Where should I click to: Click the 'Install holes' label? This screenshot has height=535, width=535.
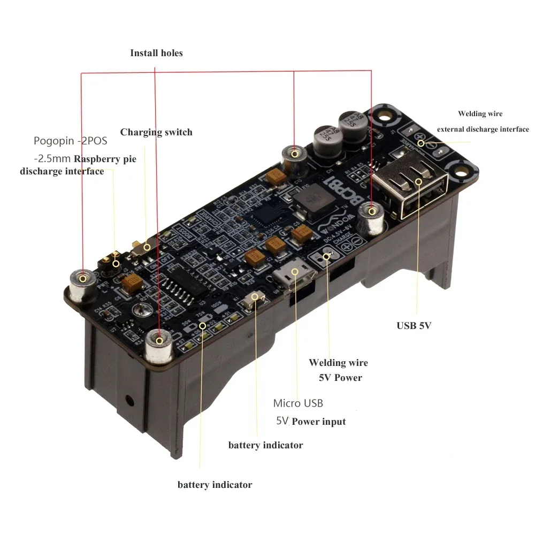(156, 53)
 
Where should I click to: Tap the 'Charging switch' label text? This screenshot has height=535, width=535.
(156, 132)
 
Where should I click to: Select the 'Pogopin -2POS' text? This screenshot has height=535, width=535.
(70, 141)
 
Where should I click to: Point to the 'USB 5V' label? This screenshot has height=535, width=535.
(414, 325)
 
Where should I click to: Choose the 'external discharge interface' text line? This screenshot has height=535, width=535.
(483, 129)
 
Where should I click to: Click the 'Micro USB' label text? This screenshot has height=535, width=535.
(298, 403)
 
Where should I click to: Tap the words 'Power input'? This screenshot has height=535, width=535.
(318, 422)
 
